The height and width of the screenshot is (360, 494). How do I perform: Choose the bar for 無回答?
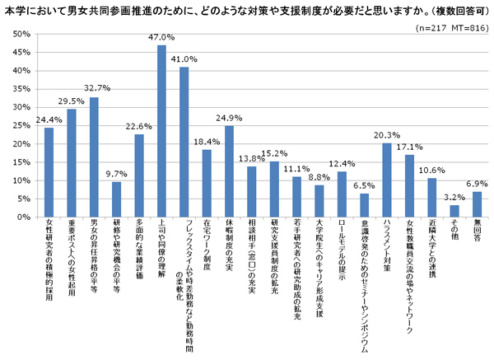coord(477,205)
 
